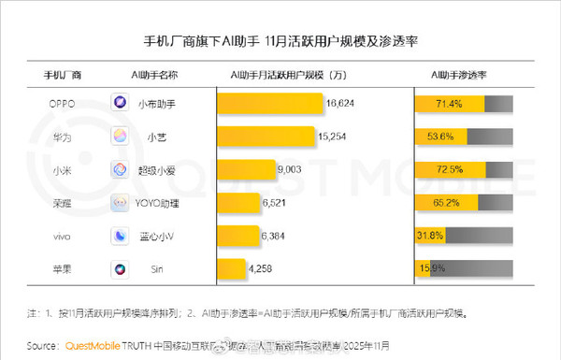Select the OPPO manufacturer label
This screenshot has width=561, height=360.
point(63,104)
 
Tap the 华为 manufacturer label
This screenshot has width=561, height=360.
point(63,137)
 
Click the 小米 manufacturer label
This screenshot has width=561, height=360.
point(63,170)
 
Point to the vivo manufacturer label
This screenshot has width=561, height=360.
point(63,236)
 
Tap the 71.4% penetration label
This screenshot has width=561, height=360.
point(448,104)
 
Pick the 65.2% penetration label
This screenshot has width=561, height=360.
point(447,203)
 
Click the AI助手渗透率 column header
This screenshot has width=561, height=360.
point(464,74)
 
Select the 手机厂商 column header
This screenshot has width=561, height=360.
point(63,74)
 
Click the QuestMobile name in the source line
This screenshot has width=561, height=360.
point(96,343)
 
